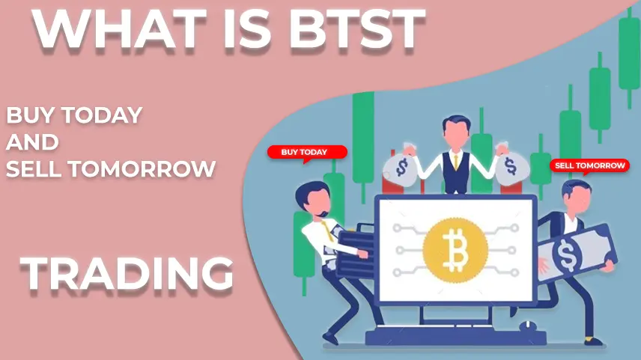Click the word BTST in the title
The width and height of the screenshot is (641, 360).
click(x=358, y=29)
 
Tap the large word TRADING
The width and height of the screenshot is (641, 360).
click(x=127, y=272)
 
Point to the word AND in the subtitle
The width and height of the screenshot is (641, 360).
click(x=33, y=141)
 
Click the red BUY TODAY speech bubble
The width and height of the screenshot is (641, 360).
click(x=307, y=153)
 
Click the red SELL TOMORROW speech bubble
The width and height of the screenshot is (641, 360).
click(x=589, y=166)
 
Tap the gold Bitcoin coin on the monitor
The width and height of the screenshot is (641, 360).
click(x=455, y=250)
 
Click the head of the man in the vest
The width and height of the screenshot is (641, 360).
click(x=456, y=131)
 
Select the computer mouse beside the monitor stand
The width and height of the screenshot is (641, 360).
click(x=528, y=326)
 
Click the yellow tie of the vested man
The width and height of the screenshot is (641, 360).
click(x=456, y=162)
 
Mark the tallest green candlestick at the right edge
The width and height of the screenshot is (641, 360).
click(x=629, y=56)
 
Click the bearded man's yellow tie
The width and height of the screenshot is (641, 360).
click(x=327, y=231)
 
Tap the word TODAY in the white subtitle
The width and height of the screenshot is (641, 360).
click(x=103, y=115)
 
